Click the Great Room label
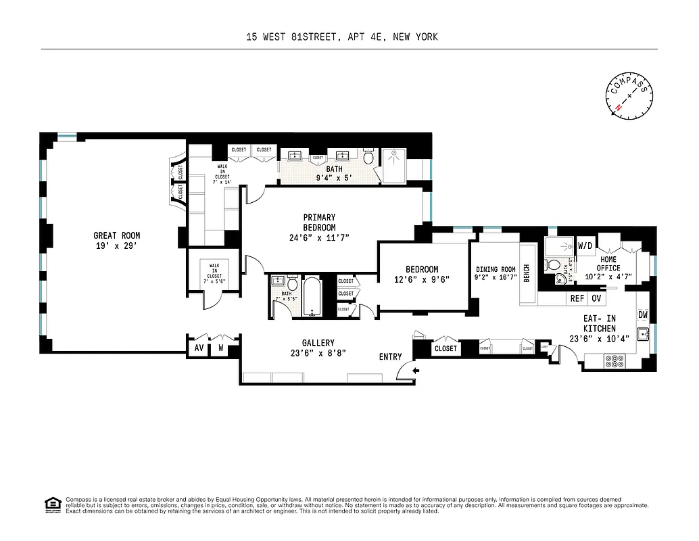117,235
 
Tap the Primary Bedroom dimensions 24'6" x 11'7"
319,237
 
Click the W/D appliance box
585,245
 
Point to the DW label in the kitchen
643,315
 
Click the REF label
577,298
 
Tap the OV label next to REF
596,298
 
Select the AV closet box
199,348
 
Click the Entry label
390,356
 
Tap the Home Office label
608,263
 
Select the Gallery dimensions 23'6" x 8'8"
318,353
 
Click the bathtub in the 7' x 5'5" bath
312,296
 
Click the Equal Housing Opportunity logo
52,504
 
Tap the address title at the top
342,37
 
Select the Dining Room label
496,268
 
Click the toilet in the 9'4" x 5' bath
368,158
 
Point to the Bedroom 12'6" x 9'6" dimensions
423,279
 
